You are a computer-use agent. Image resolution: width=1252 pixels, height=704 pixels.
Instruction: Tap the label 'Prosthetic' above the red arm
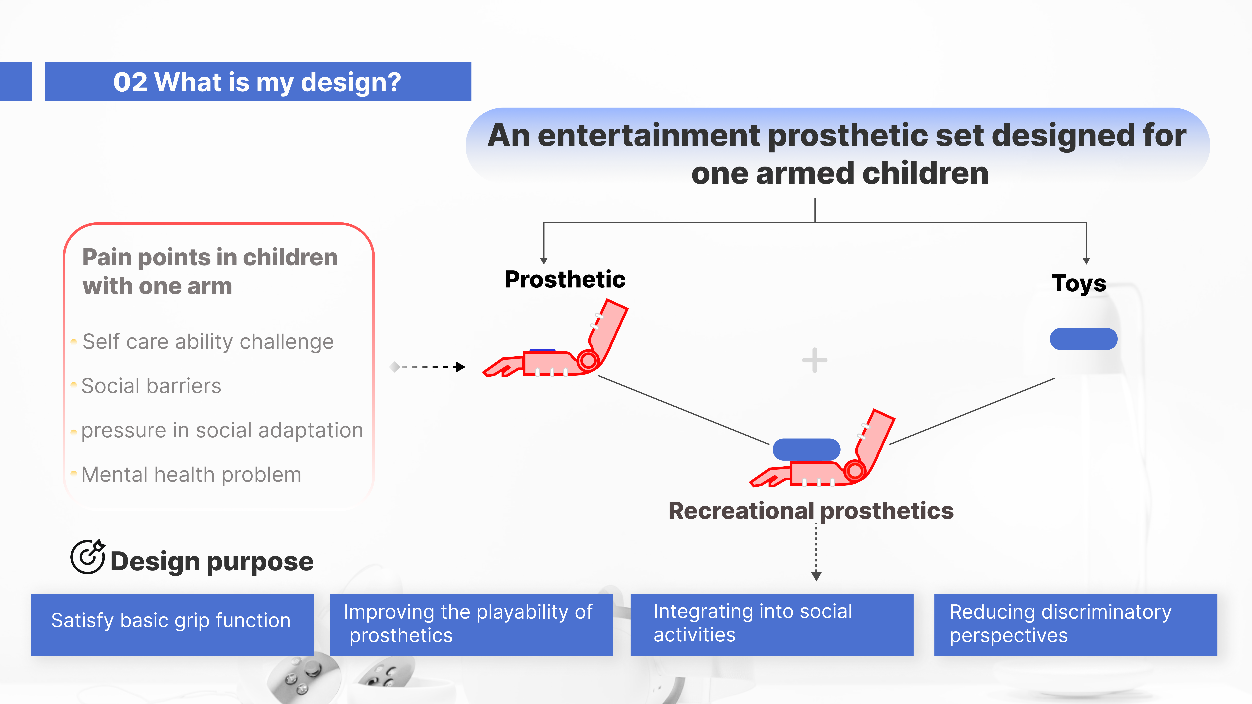(x=565, y=279)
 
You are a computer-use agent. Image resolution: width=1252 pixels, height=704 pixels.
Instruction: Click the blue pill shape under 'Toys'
(x=1083, y=339)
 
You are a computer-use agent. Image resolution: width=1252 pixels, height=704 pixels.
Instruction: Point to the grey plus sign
(x=815, y=360)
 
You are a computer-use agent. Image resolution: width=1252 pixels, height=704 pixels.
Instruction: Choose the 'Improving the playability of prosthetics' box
(x=471, y=625)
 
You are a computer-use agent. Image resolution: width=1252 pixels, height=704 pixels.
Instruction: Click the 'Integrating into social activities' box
(x=772, y=625)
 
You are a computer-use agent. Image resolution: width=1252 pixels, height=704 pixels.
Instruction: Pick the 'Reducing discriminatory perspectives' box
(x=1076, y=625)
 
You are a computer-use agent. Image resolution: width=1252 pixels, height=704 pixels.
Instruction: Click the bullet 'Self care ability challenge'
(x=208, y=342)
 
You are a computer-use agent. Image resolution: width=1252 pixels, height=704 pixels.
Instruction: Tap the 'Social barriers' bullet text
(x=151, y=386)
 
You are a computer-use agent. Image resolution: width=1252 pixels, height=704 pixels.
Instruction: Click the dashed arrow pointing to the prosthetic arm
(x=428, y=367)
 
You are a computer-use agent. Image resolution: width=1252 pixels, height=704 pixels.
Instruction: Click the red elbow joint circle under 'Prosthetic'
(x=588, y=360)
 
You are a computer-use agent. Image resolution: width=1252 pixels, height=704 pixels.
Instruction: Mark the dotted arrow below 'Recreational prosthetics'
(x=817, y=551)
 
